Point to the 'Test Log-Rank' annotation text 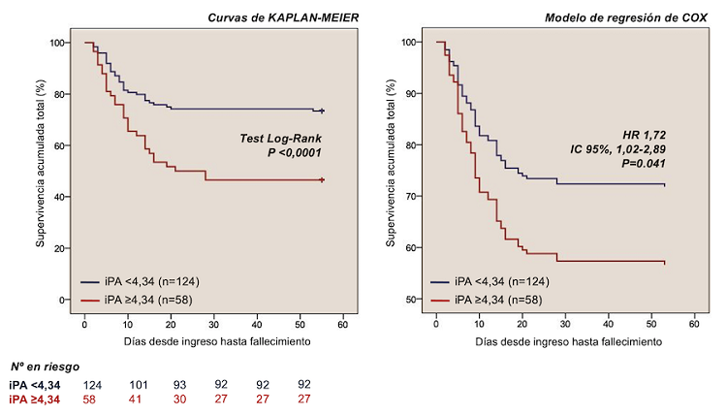click(x=280, y=138)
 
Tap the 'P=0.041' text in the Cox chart click(x=643, y=163)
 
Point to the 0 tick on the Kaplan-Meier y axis click(x=64, y=300)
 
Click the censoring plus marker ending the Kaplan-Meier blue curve click(x=321, y=112)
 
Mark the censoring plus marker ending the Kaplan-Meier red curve click(x=321, y=180)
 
